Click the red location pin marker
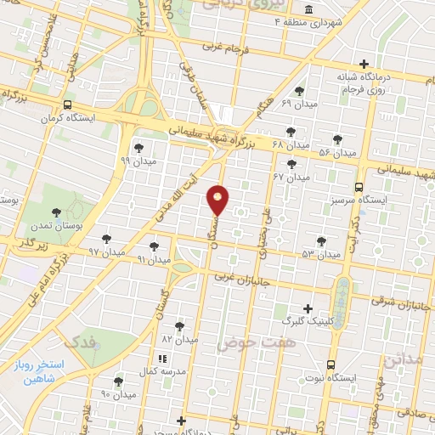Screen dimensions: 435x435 click(x=218, y=198)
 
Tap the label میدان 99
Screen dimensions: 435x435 click(x=137, y=160)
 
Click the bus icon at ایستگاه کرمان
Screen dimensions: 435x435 click(x=67, y=106)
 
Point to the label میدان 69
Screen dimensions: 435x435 click(x=299, y=103)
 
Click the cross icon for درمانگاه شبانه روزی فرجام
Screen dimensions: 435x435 click(x=364, y=64)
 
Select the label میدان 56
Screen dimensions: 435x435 click(x=336, y=152)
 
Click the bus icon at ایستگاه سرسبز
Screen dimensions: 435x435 click(x=359, y=186)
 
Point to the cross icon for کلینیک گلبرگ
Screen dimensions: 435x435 click(x=307, y=309)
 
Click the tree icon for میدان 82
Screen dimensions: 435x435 click(x=178, y=325)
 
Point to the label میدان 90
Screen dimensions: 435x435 click(x=118, y=394)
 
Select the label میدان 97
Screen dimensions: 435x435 click(x=106, y=252)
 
